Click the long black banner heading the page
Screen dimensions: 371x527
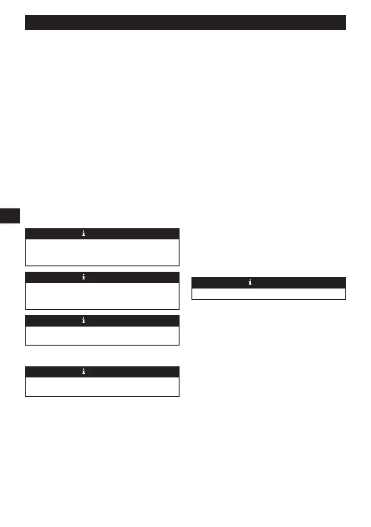(x=185, y=23)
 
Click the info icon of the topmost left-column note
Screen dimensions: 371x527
(x=84, y=234)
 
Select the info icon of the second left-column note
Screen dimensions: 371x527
(x=84, y=277)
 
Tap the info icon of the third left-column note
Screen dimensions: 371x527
(x=84, y=321)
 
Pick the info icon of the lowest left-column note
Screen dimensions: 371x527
(x=84, y=372)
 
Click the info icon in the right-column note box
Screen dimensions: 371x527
(x=250, y=283)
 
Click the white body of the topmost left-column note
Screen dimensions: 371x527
(x=102, y=252)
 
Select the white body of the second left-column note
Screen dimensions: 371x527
(x=102, y=296)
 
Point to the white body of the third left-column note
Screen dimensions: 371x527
(x=102, y=335)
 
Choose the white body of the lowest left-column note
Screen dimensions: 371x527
(x=102, y=387)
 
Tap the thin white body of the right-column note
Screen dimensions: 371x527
(x=268, y=294)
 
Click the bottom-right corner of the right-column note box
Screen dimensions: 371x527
(x=345, y=300)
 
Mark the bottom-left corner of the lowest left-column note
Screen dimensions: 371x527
(x=26, y=396)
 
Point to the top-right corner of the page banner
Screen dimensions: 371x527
(x=344, y=16)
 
